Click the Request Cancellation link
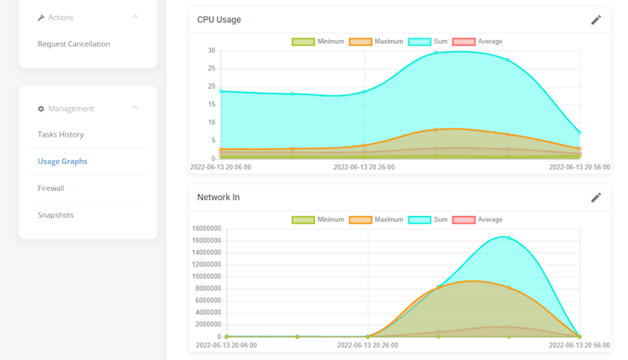coord(74,44)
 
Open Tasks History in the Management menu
coord(60,134)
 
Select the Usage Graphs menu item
coord(62,161)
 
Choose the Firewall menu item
coord(51,188)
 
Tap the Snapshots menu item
coord(55,214)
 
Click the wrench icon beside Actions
coord(41,18)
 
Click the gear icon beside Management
coord(41,109)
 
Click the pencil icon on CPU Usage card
coord(596,19)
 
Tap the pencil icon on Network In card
coord(596,198)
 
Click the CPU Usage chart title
coord(219,19)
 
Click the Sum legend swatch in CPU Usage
coord(420,42)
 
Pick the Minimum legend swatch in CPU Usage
coord(302,42)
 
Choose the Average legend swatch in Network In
coord(463,219)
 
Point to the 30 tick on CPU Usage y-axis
coord(212,50)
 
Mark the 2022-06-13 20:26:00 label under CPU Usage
coord(363,167)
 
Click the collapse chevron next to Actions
coord(136,17)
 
